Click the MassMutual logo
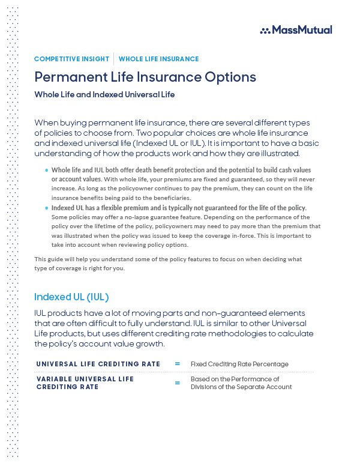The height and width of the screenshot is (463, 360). [296, 29]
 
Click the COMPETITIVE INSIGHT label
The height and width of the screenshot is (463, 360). [71, 59]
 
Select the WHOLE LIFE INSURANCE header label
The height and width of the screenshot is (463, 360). [158, 59]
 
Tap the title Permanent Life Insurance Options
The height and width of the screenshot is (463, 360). [145, 77]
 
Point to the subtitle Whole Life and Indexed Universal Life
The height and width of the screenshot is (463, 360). [104, 94]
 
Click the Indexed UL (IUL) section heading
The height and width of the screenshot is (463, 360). [71, 297]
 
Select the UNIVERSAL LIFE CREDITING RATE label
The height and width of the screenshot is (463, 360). [98, 364]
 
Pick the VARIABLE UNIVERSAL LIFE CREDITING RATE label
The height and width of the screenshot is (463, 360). [85, 383]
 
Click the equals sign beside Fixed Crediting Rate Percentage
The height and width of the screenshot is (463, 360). [177, 364]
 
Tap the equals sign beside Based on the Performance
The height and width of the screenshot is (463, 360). [177, 383]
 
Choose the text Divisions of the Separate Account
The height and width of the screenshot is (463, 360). [241, 387]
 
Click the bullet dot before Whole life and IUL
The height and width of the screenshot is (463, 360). [46, 171]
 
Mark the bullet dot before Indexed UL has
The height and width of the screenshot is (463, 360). [46, 208]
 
